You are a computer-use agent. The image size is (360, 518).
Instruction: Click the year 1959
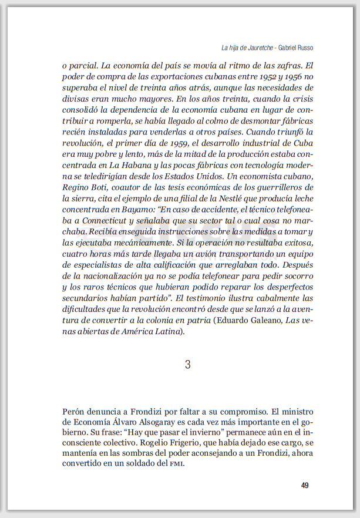[177, 143]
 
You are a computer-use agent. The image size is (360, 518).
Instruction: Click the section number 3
[187, 365]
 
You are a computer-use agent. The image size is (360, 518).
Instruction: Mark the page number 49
[305, 485]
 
